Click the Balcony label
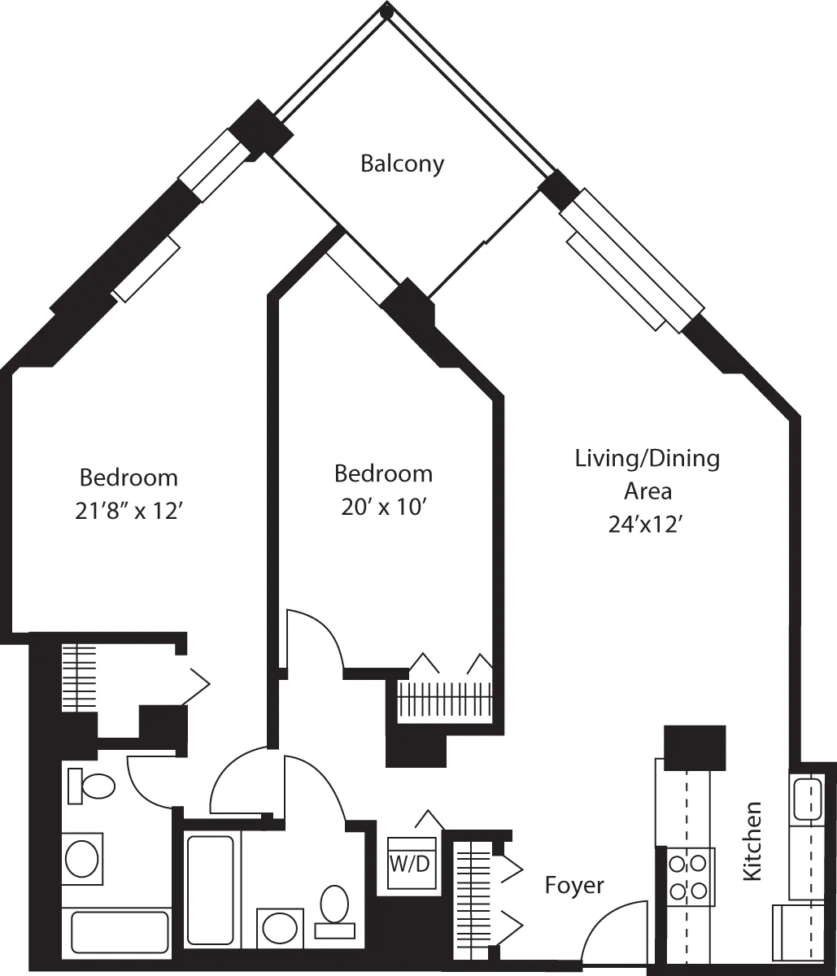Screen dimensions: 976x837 point(402,163)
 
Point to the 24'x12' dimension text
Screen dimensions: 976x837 point(647,525)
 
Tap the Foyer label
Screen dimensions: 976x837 point(574,885)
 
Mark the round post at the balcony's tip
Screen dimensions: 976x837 point(387,11)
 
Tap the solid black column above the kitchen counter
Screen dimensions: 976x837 point(695,747)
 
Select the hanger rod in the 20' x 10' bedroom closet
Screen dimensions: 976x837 point(445,698)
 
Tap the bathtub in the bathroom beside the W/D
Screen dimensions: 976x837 point(210,888)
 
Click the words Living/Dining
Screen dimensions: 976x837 point(647,459)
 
